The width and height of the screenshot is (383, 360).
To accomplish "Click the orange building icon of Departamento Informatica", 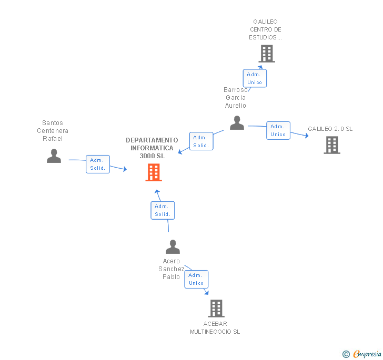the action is coord(154,172).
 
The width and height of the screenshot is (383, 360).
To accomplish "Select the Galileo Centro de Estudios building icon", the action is coord(267,53).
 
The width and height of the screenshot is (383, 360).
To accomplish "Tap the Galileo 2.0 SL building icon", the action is coord(331,145).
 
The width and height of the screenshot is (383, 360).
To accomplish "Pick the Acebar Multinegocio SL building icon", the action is coord(216,308).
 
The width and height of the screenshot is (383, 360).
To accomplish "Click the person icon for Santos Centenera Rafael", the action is coord(54,156).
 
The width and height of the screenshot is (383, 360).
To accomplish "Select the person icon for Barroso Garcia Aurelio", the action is coord(237,122).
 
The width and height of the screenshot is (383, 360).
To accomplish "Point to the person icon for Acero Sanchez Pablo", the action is coord(173,246).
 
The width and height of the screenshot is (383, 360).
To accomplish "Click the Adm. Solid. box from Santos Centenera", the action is coord(98,164).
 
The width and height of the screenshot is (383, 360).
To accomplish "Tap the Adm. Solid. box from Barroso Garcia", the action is coord(201,141).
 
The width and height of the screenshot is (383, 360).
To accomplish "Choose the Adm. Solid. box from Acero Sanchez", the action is coord(162,210).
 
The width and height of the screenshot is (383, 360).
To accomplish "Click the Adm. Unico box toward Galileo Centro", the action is coord(255,78).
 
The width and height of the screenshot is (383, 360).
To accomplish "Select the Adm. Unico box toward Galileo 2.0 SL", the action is coord(278,130).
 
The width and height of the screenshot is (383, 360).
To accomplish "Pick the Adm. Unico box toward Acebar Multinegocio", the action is coord(196,279).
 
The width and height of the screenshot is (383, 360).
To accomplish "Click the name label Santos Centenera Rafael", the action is coord(53,131).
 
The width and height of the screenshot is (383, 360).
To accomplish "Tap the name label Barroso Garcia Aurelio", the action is coord(235,97).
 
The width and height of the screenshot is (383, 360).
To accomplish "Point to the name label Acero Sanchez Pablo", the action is coord(172,269).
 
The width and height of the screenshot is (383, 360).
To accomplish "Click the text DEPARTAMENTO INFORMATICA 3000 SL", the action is coord(152,148).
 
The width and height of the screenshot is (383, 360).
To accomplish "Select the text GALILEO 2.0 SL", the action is coord(330,129).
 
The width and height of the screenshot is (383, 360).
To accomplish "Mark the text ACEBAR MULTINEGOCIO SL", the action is coord(215,327).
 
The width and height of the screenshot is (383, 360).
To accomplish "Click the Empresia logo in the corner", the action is coord(362,354).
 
